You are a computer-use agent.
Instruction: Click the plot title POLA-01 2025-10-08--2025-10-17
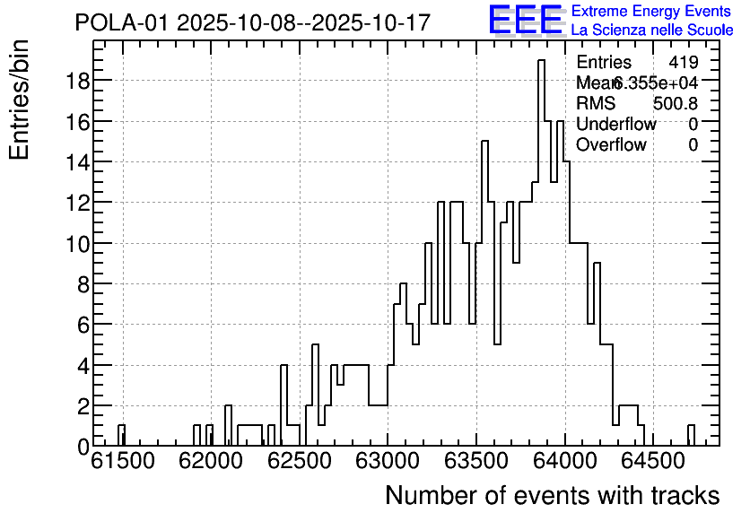[252, 22]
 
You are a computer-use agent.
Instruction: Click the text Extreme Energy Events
[651, 12]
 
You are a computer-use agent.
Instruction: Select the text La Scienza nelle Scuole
[651, 30]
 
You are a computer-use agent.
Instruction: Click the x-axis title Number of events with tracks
[552, 496]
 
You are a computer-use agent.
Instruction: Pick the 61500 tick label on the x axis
[123, 462]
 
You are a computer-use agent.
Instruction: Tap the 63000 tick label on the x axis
[388, 462]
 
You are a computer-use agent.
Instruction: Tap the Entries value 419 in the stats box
[683, 63]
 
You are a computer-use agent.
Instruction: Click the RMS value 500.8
[675, 104]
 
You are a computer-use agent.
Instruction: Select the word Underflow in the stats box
[616, 125]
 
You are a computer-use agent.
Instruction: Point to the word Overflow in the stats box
[611, 145]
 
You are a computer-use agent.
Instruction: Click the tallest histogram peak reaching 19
[541, 62]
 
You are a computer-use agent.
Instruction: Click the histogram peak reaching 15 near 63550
[484, 143]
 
